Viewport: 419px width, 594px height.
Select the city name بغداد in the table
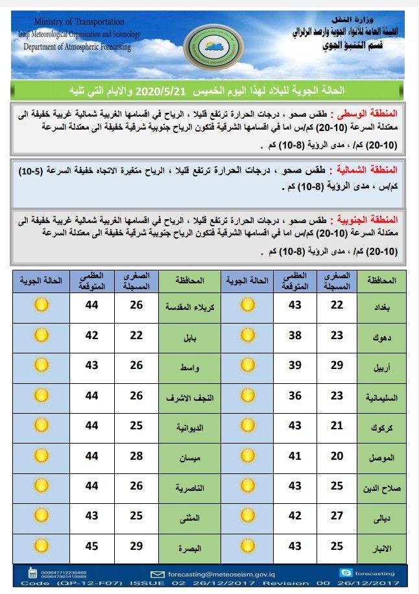click(x=381, y=307)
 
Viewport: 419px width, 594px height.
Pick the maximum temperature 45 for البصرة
click(x=92, y=547)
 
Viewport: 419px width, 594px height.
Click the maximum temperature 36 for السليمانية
click(x=295, y=396)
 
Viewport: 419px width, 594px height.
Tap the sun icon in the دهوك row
click(x=248, y=335)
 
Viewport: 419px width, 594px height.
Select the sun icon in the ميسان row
click(x=42, y=456)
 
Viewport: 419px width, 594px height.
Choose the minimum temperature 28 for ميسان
click(x=136, y=456)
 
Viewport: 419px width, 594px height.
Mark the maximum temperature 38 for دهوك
click(x=295, y=335)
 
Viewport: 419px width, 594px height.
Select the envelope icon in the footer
click(x=157, y=574)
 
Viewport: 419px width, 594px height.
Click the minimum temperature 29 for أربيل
click(x=337, y=366)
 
